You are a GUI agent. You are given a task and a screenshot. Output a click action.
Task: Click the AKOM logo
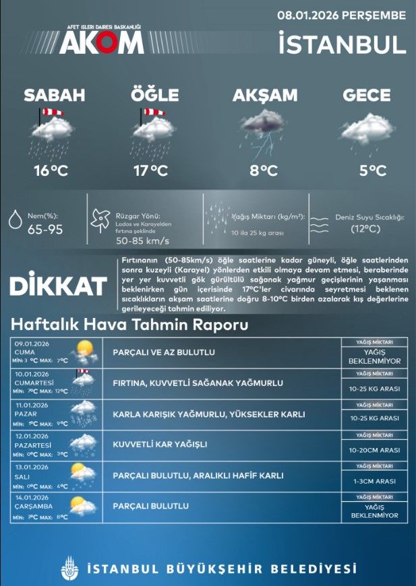pos(101,41)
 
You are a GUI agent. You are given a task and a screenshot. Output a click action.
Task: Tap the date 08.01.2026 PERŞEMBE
pos(342,14)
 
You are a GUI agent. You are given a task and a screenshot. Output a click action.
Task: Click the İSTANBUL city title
pos(342,44)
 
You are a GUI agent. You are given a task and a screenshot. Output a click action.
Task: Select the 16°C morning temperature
pos(51,171)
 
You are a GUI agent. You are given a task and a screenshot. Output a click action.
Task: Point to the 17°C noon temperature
pos(150,171)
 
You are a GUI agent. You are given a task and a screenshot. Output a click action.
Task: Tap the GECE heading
pos(367,96)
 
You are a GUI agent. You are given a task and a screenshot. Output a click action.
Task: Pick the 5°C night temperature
pos(372,171)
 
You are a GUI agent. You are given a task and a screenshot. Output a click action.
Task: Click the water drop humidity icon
pos(15,222)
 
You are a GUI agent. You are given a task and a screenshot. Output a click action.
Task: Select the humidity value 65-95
pos(45,230)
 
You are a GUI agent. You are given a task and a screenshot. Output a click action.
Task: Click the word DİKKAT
pos(58,286)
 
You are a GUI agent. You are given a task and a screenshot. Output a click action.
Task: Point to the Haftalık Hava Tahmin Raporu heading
pos(129,325)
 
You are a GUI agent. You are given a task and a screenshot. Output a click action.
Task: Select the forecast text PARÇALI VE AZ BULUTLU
pos(165,352)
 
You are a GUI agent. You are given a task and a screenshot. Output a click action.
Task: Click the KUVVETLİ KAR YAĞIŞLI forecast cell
pos(160,444)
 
